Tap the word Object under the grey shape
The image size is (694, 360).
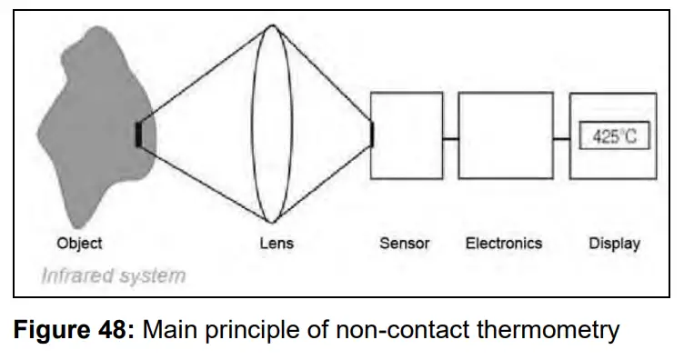(79, 243)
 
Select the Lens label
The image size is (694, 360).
(277, 244)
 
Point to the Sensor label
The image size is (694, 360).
(405, 243)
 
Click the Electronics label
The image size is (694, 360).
(503, 243)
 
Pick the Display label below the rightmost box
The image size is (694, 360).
(614, 243)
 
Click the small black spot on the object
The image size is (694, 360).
(137, 134)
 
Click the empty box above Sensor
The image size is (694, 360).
(407, 135)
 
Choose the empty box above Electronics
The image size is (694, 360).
(505, 135)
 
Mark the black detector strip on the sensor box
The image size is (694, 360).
(371, 134)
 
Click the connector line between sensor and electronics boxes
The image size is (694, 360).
(450, 138)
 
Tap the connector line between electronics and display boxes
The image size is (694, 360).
(560, 138)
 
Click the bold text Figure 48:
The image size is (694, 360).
(72, 330)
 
